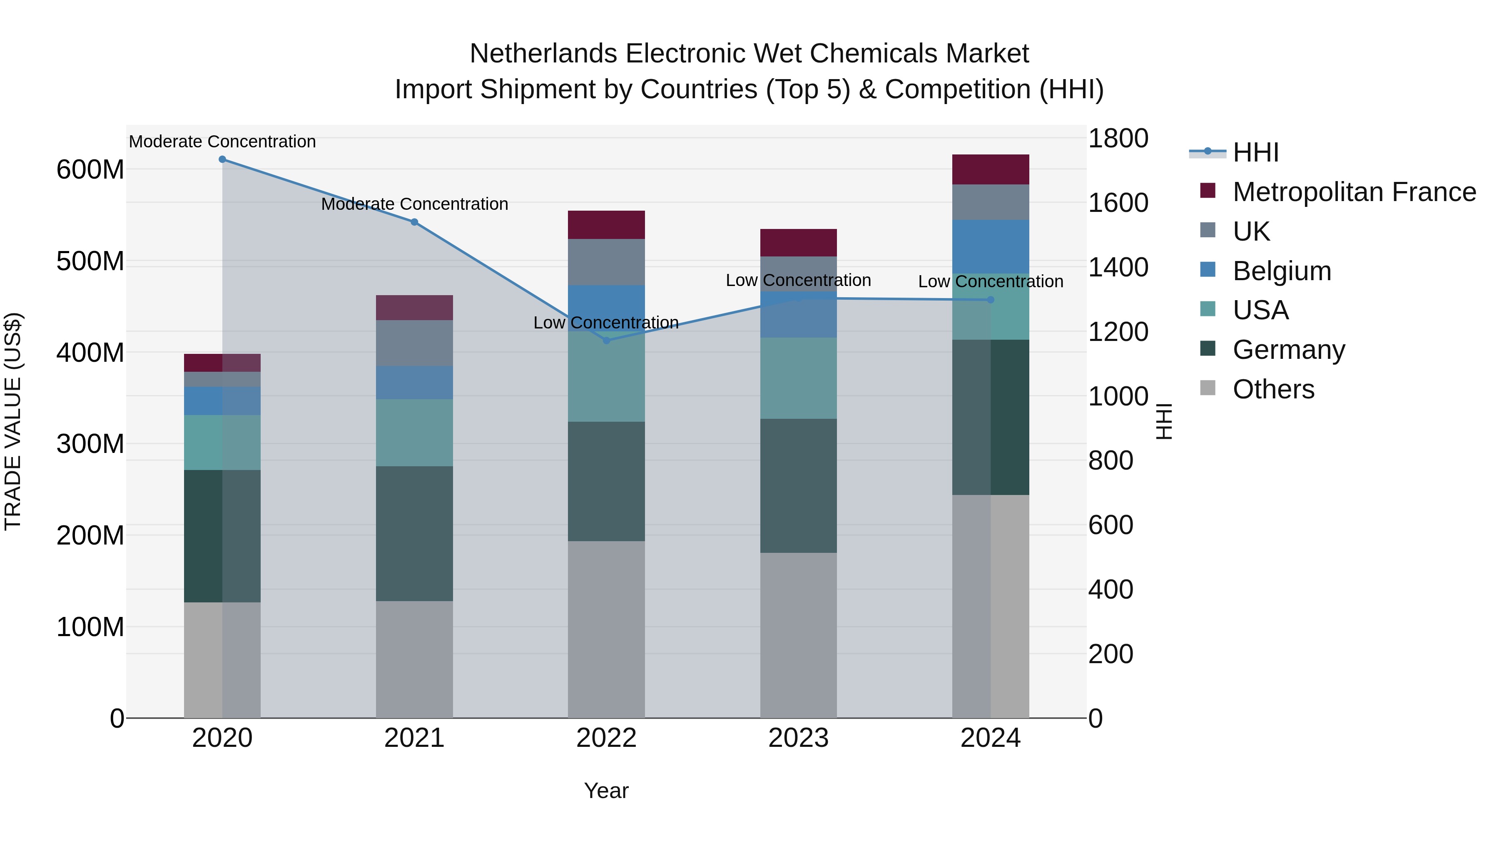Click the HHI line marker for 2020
[x=222, y=159]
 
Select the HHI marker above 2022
[x=606, y=341]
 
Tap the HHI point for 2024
[x=991, y=300]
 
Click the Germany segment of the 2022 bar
[x=606, y=481]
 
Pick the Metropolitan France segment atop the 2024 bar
[x=991, y=169]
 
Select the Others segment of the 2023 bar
[x=798, y=635]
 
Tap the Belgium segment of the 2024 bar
[x=991, y=247]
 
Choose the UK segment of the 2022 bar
[x=606, y=262]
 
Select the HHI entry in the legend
[x=1256, y=152]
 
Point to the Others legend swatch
[x=1208, y=388]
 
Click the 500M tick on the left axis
[x=90, y=261]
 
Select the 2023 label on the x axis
[x=798, y=738]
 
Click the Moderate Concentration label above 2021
[x=414, y=204]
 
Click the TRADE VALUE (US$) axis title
[x=13, y=421]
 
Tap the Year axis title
[x=606, y=791]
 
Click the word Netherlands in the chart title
[x=544, y=54]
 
